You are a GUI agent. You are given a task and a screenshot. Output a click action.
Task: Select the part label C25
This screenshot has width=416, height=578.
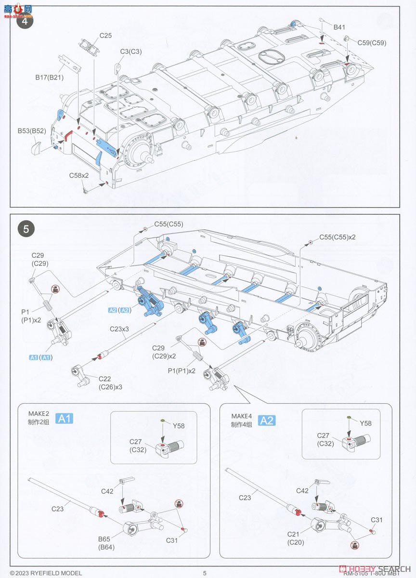point(105,36)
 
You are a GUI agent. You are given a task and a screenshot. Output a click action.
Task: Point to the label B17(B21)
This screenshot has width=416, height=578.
point(49,77)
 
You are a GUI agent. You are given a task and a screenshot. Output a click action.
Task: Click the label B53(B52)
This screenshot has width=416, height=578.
point(32,131)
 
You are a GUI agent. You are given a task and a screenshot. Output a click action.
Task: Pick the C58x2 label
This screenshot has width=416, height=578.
point(78,175)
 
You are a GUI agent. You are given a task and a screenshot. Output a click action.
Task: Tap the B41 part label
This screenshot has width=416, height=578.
point(339,27)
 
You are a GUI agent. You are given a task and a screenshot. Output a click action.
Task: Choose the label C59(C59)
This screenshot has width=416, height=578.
point(372,43)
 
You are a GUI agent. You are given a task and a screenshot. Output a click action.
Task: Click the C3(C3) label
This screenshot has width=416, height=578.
point(131,51)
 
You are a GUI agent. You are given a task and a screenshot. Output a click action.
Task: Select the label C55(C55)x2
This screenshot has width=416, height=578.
point(337,237)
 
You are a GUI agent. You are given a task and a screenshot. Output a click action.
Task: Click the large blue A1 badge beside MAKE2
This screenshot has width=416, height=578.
point(65,419)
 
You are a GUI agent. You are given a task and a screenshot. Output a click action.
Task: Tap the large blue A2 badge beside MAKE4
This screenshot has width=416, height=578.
point(267,420)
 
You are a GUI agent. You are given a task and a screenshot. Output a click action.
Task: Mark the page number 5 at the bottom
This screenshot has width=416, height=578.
point(205,573)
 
